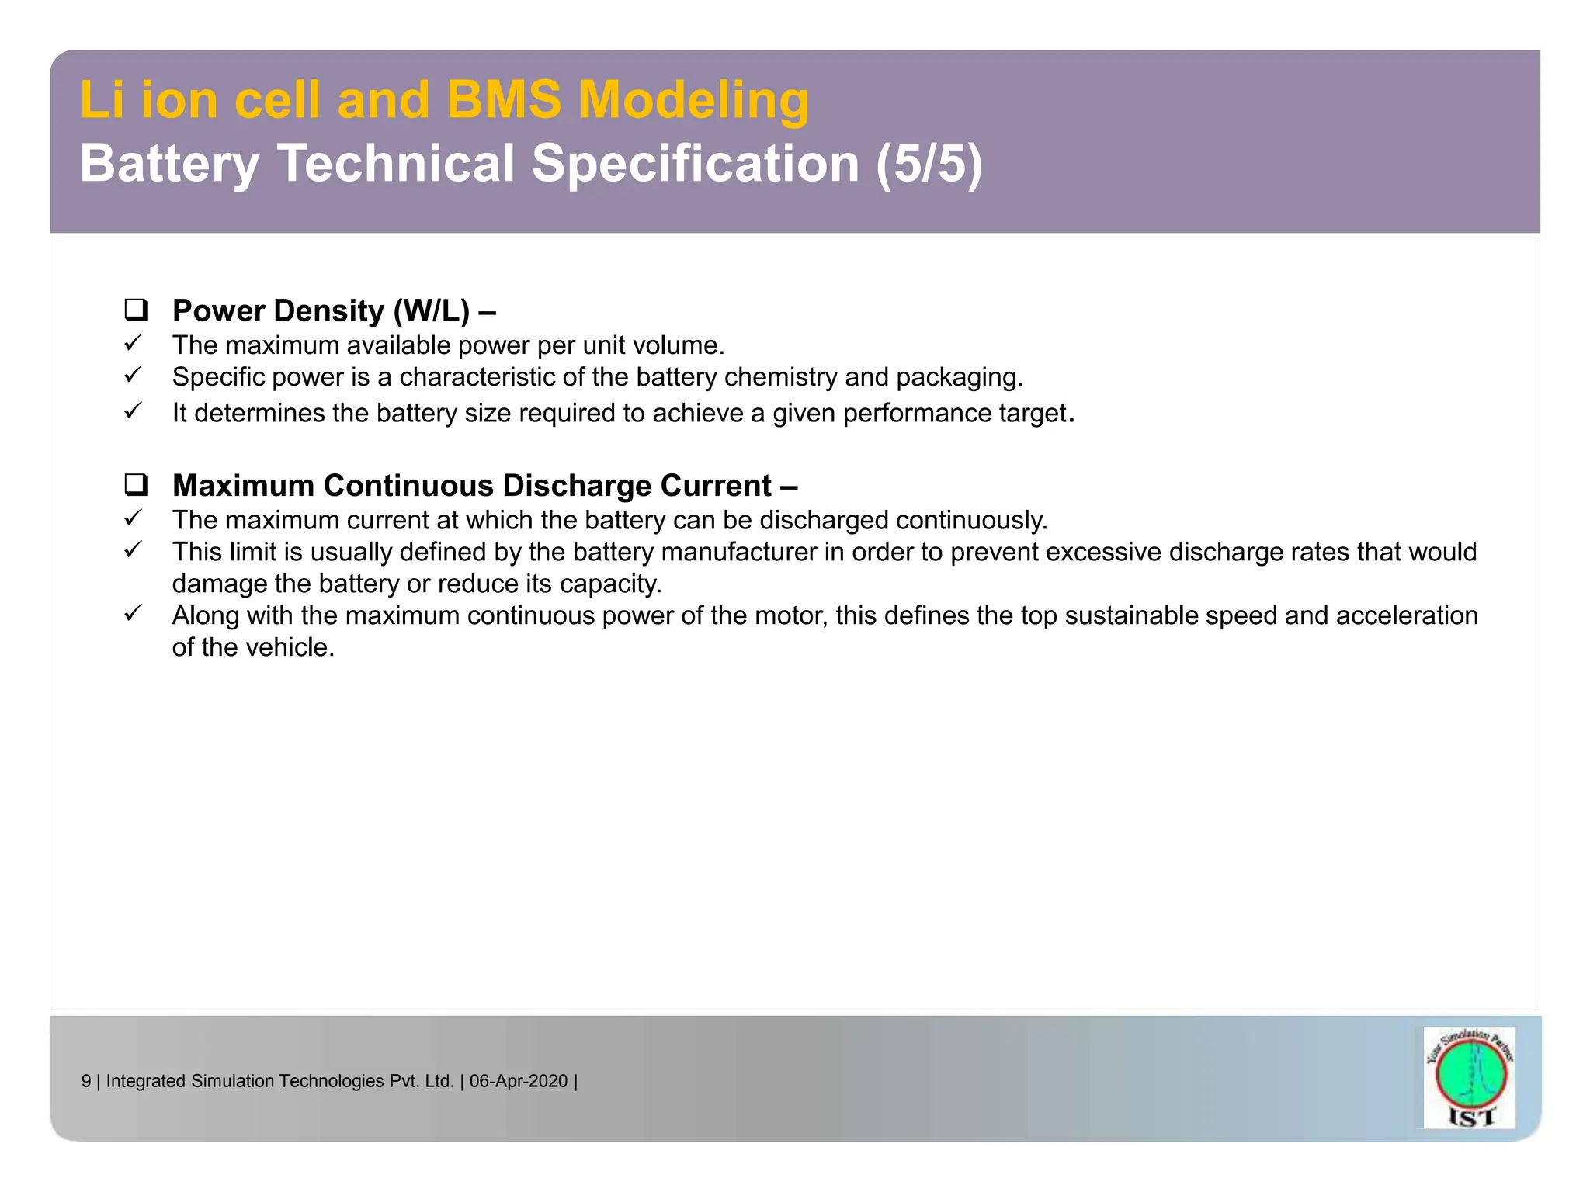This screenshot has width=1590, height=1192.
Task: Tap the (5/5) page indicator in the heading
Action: tap(929, 164)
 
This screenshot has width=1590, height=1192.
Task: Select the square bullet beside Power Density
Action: tap(136, 310)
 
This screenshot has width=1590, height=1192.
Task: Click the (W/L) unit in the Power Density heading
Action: tap(432, 311)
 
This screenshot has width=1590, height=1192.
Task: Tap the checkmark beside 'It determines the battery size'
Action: tap(134, 411)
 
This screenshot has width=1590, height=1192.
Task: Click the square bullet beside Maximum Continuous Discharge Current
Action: tap(136, 485)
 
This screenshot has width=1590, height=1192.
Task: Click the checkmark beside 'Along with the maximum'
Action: tap(134, 613)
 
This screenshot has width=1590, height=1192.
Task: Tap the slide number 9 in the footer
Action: tap(86, 1081)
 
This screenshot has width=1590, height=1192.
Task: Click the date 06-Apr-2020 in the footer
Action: tap(519, 1081)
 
